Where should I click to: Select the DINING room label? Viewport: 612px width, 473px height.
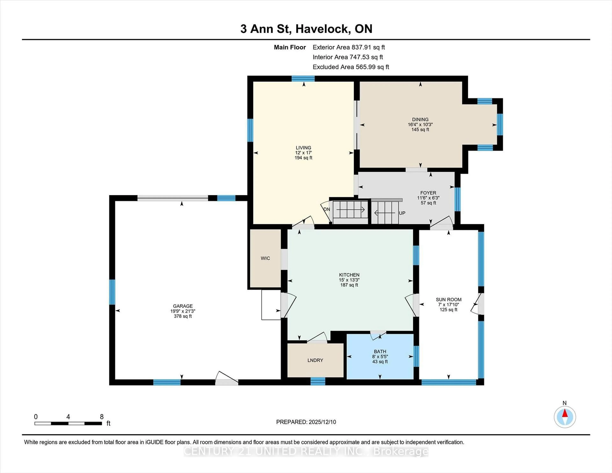click(420, 119)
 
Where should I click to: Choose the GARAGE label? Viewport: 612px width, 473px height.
click(183, 306)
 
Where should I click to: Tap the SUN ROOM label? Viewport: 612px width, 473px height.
click(448, 300)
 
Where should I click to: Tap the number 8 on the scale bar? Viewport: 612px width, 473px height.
click(102, 417)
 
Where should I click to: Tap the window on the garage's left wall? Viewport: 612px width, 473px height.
click(112, 292)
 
